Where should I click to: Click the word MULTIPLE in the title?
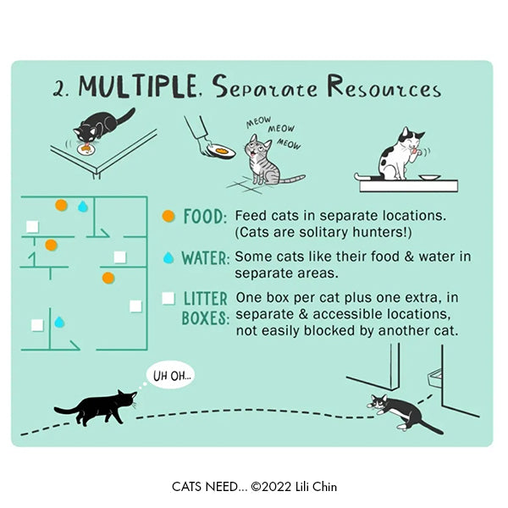click(138, 86)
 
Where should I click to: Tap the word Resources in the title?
click(384, 86)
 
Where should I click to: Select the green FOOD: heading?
click(205, 217)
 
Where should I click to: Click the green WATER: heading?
click(206, 258)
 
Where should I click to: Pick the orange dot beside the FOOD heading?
click(168, 216)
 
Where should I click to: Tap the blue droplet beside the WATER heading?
click(168, 258)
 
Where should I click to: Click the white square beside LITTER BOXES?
click(168, 298)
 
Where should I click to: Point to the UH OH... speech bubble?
click(171, 375)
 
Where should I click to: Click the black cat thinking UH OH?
click(96, 407)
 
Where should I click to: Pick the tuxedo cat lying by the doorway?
click(403, 414)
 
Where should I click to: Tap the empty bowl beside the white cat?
click(429, 178)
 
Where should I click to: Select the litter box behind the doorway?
click(435, 378)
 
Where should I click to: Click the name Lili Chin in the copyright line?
click(316, 487)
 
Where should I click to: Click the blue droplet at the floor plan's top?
click(83, 207)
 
